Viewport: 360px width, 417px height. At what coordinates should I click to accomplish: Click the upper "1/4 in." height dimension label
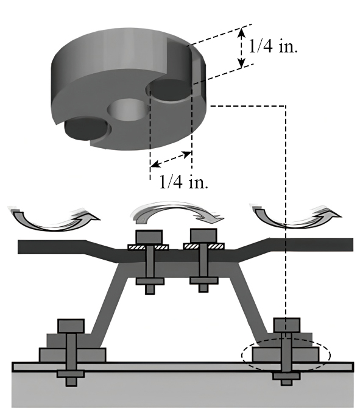click(x=273, y=47)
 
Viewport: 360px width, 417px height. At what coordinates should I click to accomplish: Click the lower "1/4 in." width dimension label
click(x=183, y=182)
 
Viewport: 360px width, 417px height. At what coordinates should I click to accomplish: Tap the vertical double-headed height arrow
click(x=241, y=48)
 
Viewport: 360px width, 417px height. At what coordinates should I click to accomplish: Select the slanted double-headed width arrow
click(x=171, y=159)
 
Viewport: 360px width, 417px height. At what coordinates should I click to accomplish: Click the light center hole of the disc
click(x=128, y=109)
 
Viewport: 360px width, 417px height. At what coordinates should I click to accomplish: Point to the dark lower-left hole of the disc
click(x=86, y=129)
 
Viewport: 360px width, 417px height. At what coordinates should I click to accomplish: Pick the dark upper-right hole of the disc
click(x=169, y=91)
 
